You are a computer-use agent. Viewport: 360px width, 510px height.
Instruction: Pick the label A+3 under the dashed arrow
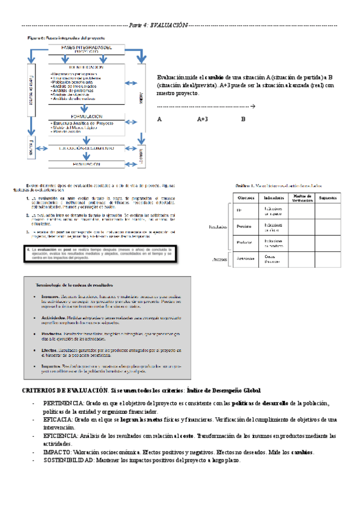[203, 119]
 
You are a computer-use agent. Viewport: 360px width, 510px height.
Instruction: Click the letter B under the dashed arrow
[243, 119]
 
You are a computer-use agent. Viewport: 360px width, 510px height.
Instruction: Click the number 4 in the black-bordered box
[29, 248]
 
